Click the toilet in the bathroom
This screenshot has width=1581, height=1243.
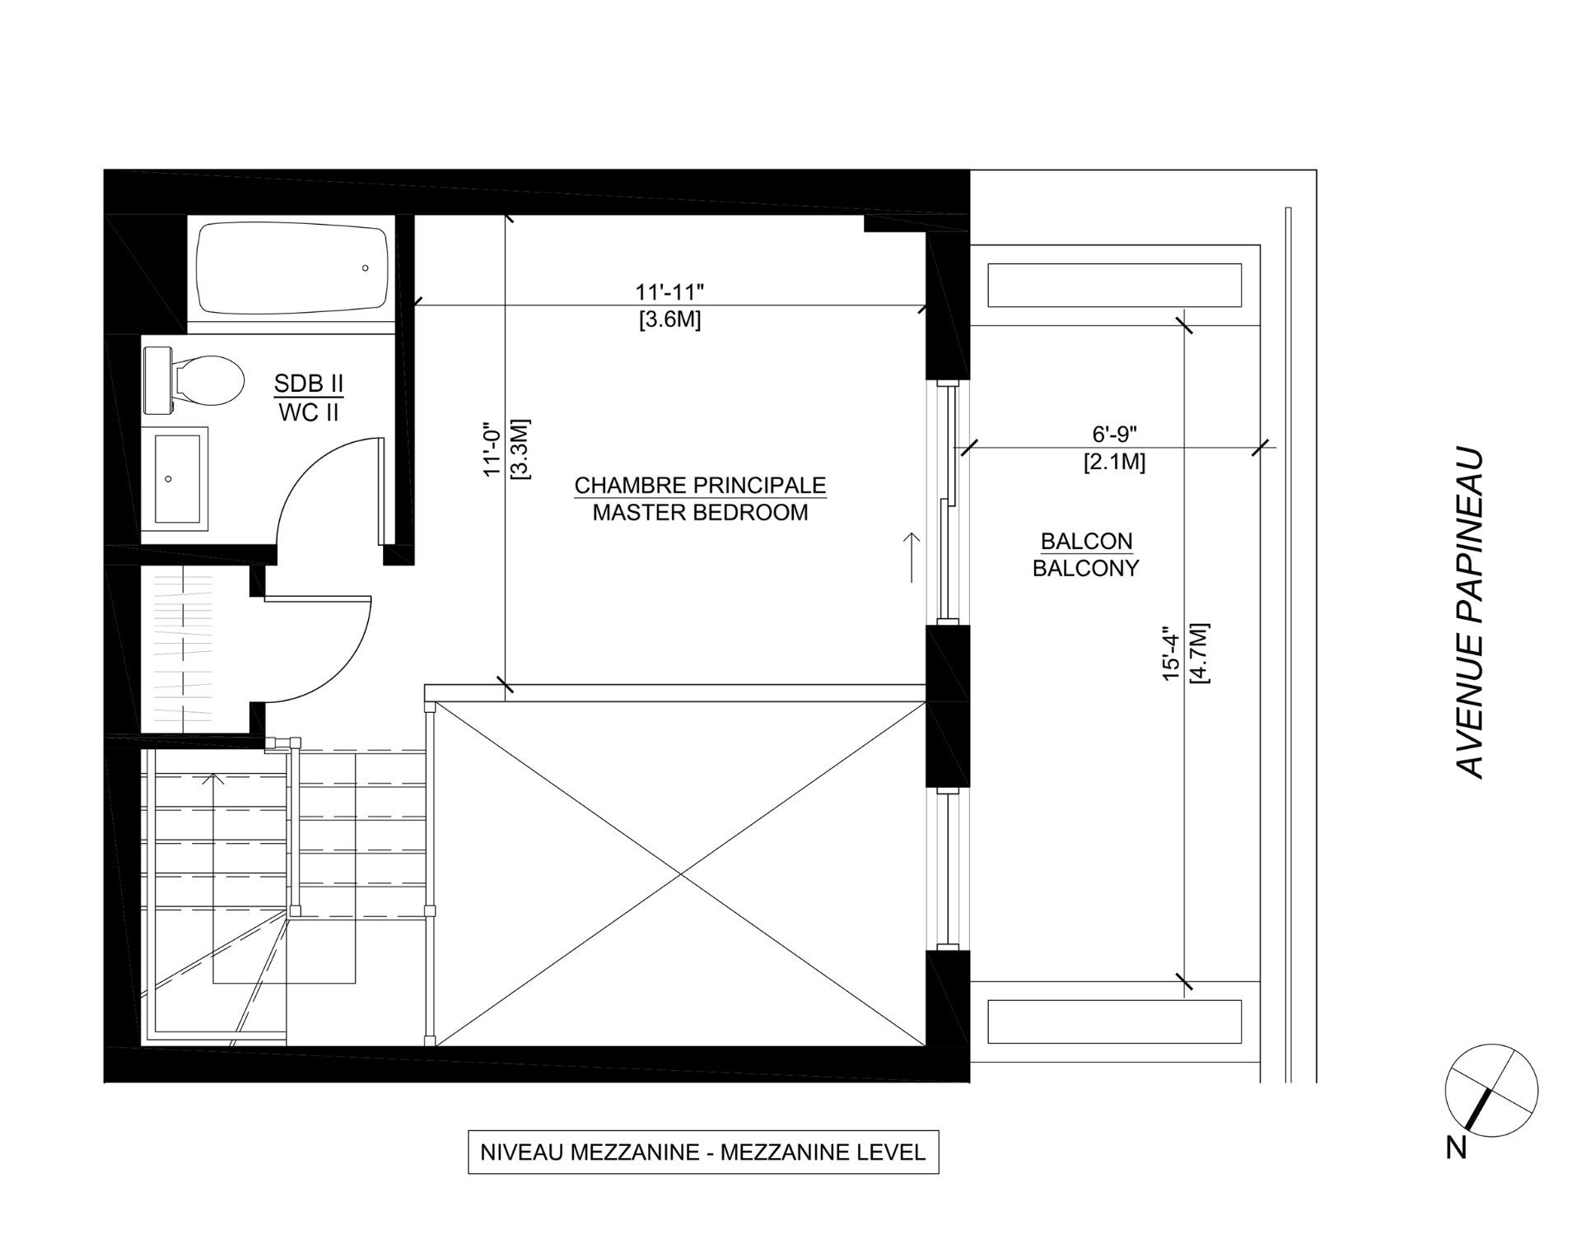click(198, 380)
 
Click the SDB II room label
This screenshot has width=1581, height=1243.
click(309, 384)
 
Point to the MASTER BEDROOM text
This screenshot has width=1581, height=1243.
click(700, 513)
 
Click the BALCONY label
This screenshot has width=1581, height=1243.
click(1085, 568)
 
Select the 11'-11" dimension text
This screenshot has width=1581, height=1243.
click(669, 292)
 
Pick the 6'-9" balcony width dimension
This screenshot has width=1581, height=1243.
click(1114, 434)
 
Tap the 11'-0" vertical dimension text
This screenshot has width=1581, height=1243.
click(492, 450)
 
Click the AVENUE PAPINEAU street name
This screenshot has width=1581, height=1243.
click(1470, 613)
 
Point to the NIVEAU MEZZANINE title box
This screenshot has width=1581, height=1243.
click(702, 1152)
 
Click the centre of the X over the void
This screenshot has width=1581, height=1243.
click(680, 873)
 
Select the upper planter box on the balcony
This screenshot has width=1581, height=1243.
click(1114, 285)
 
